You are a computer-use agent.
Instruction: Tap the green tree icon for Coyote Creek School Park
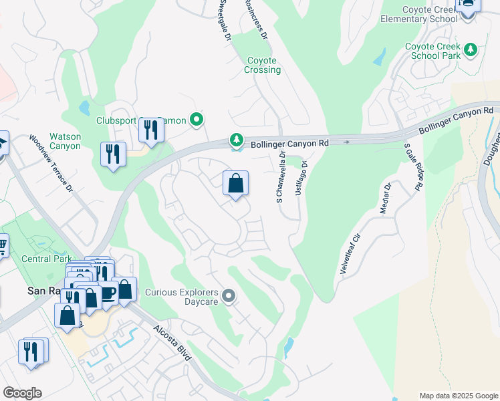click(x=471, y=49)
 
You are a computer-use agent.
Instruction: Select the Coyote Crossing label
click(x=262, y=65)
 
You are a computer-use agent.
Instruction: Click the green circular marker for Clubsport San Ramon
click(x=196, y=120)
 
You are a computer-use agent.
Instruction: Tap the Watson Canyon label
click(x=65, y=141)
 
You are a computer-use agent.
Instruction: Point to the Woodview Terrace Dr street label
click(x=51, y=164)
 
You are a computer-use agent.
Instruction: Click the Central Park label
click(x=45, y=259)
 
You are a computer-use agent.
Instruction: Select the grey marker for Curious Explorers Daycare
click(x=229, y=295)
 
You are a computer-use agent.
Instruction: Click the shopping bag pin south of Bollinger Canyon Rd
click(x=235, y=184)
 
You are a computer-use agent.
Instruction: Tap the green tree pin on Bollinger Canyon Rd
click(x=235, y=140)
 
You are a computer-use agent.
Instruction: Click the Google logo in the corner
click(x=22, y=393)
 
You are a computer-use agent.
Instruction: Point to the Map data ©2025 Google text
click(x=458, y=396)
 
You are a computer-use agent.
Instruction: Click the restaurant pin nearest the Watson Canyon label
click(x=112, y=155)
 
